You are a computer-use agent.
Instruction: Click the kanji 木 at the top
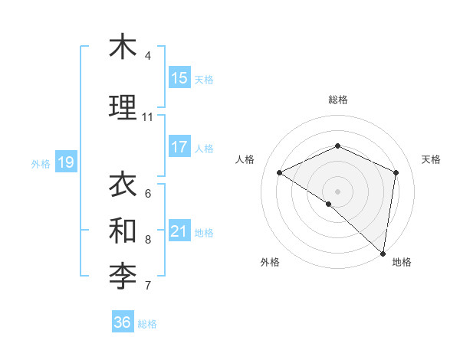(122, 47)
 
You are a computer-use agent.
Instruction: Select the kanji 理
(122, 107)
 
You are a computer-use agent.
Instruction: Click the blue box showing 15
(179, 78)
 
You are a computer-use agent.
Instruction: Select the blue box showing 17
(179, 147)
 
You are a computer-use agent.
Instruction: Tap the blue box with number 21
(179, 231)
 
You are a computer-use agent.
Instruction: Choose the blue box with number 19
(65, 162)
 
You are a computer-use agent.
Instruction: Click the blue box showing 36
(123, 322)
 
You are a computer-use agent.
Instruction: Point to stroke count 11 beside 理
(147, 117)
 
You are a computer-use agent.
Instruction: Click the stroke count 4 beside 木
(147, 56)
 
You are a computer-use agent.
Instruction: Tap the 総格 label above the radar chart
(337, 100)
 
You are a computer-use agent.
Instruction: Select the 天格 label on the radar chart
(431, 159)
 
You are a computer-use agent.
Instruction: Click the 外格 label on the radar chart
(270, 263)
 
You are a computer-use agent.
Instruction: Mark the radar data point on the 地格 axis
(383, 253)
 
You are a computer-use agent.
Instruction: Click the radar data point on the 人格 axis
(280, 172)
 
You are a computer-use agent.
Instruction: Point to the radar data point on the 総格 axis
(337, 146)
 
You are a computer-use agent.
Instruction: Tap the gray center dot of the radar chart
(337, 191)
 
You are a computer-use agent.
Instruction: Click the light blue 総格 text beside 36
(147, 324)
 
